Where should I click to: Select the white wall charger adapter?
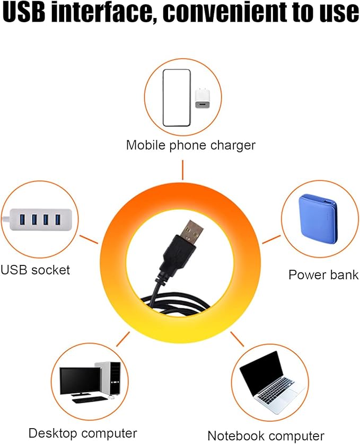coord(203,98)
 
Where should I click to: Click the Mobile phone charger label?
coord(191,146)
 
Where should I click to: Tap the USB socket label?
coord(35,270)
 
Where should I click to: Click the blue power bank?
coord(318,218)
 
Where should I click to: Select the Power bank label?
coord(323,275)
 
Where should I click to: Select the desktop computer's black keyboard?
coord(88,400)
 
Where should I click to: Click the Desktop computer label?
coord(83,433)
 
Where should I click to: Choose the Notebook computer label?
coord(266,436)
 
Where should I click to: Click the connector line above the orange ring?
coord(182,170)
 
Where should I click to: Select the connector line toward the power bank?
coord(271,239)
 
